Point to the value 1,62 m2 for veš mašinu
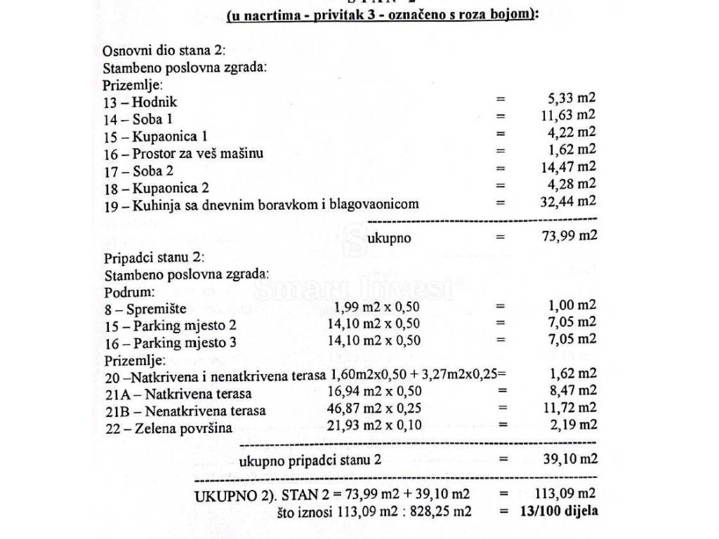[566, 149]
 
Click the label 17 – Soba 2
[138, 171]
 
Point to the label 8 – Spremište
[145, 308]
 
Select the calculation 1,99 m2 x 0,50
[377, 306]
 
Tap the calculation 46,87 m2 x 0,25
[374, 408]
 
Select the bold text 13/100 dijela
[559, 510]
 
